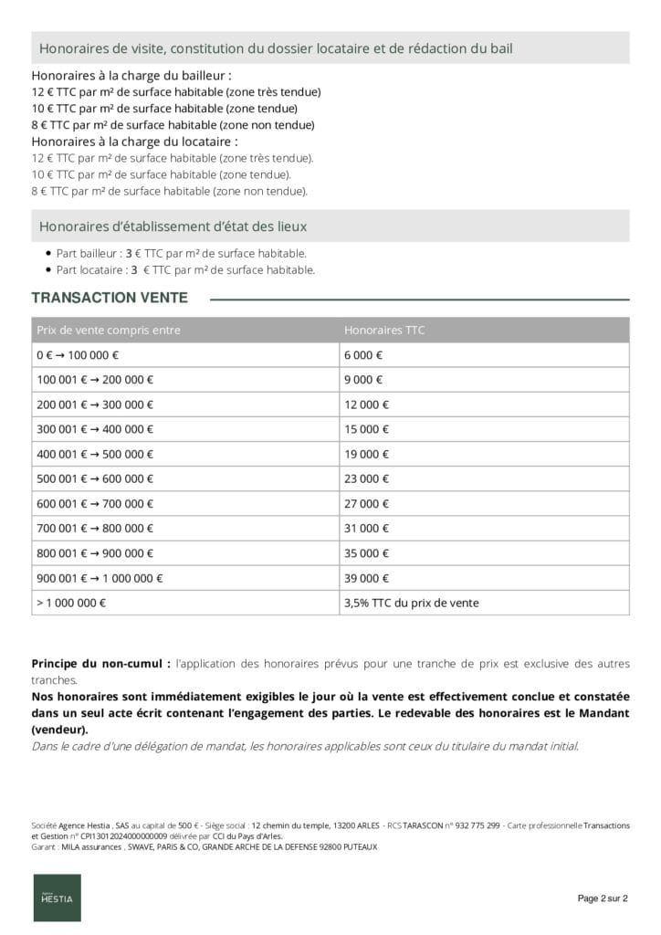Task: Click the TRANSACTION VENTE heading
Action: pos(110,298)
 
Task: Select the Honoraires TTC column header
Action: pos(383,330)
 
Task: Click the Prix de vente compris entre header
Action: pos(109,330)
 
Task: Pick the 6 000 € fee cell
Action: pos(363,355)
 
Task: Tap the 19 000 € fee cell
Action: pos(366,454)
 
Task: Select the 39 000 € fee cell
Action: pos(366,578)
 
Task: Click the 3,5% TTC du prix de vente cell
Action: pos(411,603)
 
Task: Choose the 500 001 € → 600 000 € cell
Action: pos(95,478)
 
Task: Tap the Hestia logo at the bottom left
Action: pos(57,898)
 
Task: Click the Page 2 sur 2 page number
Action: pos(603,898)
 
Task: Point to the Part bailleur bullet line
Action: pos(181,253)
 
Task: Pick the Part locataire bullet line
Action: pos(185,269)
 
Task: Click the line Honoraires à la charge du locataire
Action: pos(134,142)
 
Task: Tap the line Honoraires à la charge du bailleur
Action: pos(131,76)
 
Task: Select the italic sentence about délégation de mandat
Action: pos(305,746)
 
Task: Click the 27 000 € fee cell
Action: pos(366,503)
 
